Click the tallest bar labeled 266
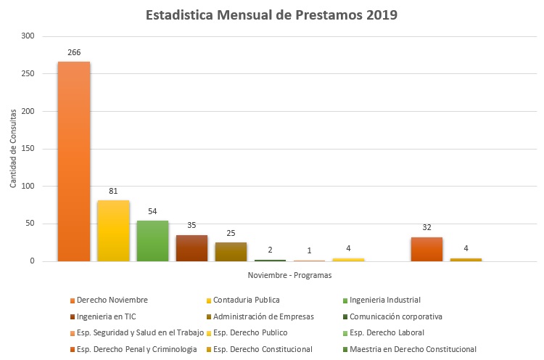pos(74,161)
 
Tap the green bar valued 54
pos(152,241)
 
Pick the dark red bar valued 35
pos(191,248)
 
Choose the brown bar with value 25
pos(231,252)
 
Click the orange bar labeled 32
pos(426,249)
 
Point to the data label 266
pos(74,52)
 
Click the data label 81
pos(113,192)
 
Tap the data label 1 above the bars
pos(309,250)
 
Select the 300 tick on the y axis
pos(28,36)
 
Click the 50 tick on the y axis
pos(30,224)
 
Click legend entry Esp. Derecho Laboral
pos(387,332)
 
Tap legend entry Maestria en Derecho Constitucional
pos(413,349)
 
